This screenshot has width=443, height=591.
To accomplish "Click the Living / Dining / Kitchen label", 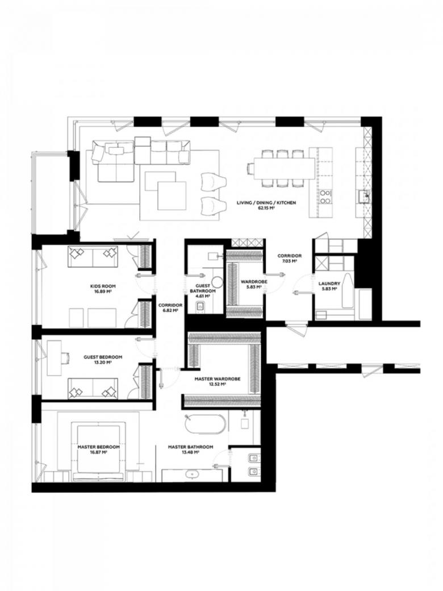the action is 266,203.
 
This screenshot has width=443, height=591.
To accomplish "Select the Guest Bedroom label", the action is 103,357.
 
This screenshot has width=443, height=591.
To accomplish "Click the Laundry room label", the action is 329,284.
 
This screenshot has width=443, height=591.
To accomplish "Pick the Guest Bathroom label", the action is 203,289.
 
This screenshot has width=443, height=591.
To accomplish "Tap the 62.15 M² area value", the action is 266,207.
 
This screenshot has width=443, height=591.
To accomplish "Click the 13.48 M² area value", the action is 190,452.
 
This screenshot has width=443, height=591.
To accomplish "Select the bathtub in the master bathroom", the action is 205,425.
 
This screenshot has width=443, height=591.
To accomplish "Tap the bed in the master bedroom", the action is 99,452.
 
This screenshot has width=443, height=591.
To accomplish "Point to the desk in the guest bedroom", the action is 54,357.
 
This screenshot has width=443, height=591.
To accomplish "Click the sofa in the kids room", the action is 93,256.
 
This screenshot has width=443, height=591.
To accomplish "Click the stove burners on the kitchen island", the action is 325,197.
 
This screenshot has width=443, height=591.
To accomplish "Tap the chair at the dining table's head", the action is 250,168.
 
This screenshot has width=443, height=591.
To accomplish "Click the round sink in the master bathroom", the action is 193,473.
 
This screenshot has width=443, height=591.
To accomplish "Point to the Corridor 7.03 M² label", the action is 290,258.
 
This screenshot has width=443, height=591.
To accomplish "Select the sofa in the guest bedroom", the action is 93,389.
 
